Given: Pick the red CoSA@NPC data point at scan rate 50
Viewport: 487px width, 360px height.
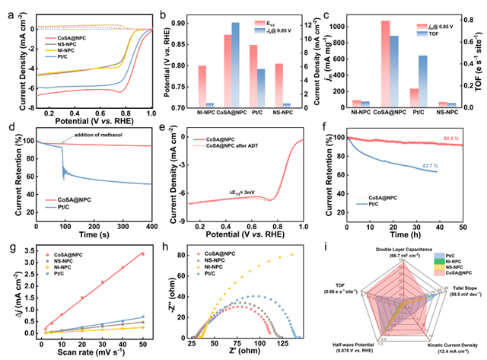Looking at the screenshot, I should coord(142,254).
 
